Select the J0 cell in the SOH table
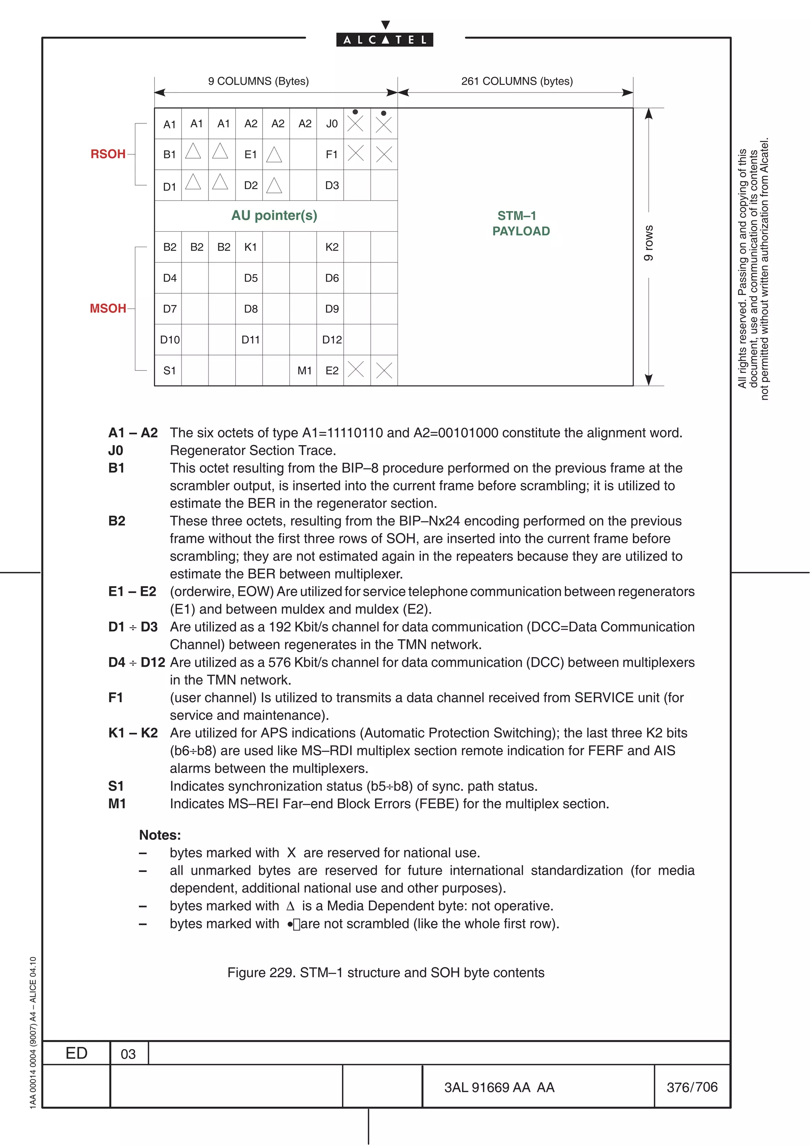tap(331, 124)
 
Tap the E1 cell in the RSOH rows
tap(250, 155)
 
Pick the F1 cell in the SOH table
tap(331, 155)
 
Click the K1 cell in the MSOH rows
tap(250, 247)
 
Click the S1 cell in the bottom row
tap(169, 371)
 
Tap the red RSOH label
tap(108, 154)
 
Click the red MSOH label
tap(108, 308)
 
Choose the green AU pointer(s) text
tap(274, 216)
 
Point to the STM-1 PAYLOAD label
tap(520, 223)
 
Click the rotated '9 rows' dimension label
tap(648, 243)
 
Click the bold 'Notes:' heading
tap(160, 835)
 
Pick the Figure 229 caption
tap(385, 972)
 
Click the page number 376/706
tap(692, 1087)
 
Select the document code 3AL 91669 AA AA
tap(499, 1087)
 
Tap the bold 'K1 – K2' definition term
tap(133, 733)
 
